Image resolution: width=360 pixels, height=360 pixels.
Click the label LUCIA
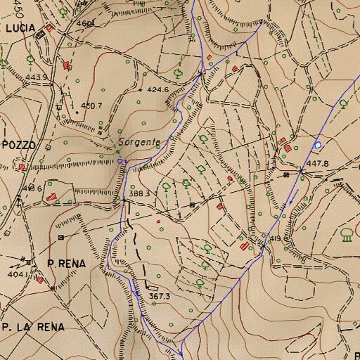20,28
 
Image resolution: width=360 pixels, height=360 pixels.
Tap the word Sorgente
139,142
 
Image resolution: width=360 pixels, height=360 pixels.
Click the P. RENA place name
66,264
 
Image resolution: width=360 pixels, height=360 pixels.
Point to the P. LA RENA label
33,327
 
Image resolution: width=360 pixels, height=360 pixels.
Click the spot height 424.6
158,90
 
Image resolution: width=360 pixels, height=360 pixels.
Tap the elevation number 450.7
91,105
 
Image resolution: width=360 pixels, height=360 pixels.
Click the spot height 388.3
141,193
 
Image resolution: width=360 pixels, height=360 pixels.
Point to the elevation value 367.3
160,297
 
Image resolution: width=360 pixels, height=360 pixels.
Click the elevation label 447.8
318,164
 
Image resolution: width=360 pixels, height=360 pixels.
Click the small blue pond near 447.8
318,145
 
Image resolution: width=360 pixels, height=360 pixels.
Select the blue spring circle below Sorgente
120,161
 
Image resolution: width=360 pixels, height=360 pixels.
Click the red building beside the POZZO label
22,167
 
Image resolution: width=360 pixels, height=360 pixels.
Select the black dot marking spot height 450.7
77,111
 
